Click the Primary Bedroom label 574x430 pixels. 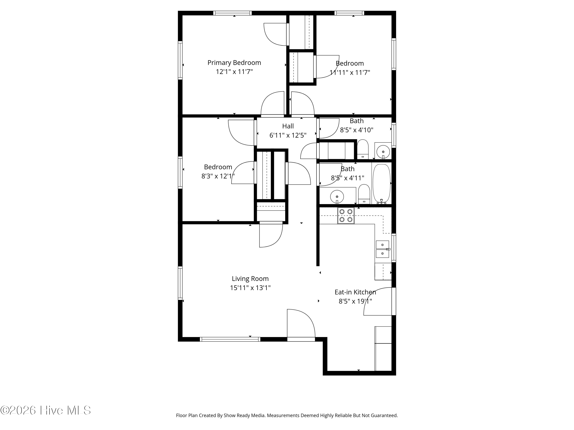click(x=234, y=63)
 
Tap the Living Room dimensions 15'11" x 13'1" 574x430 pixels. click(x=250, y=288)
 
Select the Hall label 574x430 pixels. click(x=288, y=126)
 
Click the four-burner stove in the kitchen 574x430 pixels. click(x=346, y=216)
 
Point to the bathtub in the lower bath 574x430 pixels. click(x=382, y=183)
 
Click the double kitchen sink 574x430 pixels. click(x=382, y=249)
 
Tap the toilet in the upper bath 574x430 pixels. click(x=363, y=149)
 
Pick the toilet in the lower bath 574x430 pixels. click(x=364, y=194)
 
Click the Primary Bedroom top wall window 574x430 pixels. click(x=232, y=13)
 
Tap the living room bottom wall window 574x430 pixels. click(x=230, y=339)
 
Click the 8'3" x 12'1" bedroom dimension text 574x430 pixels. click(x=218, y=176)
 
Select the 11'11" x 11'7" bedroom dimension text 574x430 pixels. click(x=350, y=72)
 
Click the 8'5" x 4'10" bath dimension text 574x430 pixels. click(x=356, y=130)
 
